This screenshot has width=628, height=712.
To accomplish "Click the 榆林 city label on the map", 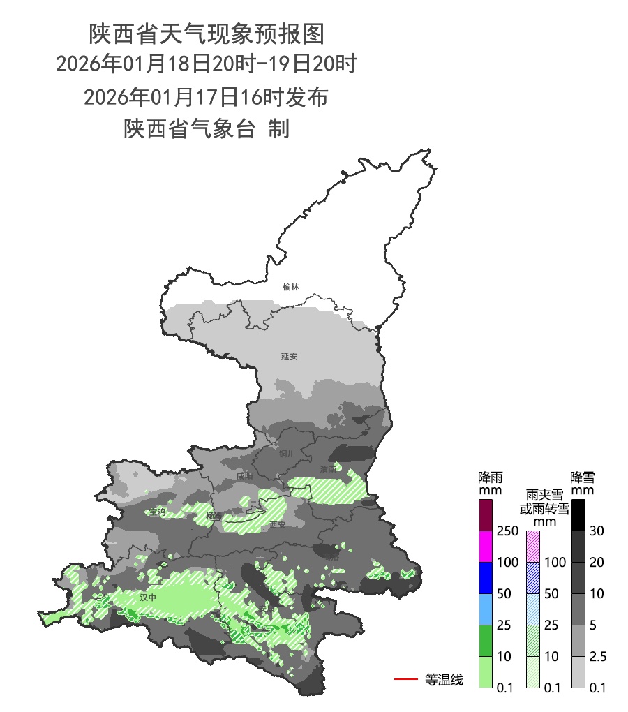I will click(290, 287).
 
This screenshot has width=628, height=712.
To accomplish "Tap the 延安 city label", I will click(289, 357).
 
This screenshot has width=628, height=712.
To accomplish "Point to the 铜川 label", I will click(287, 454).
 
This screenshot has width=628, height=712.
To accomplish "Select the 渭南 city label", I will click(328, 470).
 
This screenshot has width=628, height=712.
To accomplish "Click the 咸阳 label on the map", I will click(244, 476).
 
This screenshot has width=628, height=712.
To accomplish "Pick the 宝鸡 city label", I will click(157, 512).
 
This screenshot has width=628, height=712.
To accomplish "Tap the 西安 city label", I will click(278, 524).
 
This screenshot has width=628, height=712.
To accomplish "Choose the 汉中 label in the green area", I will click(147, 598).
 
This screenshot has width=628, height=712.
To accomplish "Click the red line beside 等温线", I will click(405, 678).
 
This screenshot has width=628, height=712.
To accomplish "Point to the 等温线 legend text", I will click(444, 679).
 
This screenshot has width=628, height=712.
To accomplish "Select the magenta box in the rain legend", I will click(486, 546).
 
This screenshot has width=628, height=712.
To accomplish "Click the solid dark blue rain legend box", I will click(486, 577).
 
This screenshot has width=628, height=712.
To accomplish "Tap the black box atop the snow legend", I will click(577, 514).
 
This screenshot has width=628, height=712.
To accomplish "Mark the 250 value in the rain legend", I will click(507, 531).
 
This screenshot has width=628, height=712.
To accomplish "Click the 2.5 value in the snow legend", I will click(599, 657).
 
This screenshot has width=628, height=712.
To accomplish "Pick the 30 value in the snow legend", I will click(597, 531).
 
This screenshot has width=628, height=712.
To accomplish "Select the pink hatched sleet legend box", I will click(532, 546).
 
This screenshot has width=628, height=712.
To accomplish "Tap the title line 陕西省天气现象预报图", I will click(207, 33).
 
